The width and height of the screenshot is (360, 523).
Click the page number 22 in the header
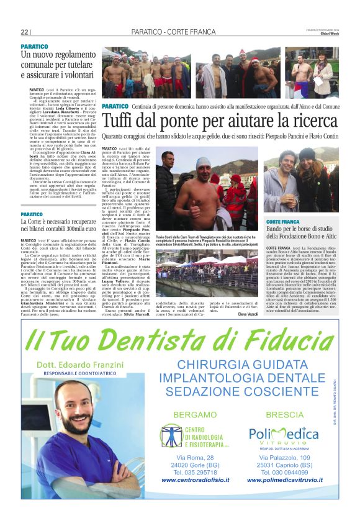point(25,32)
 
